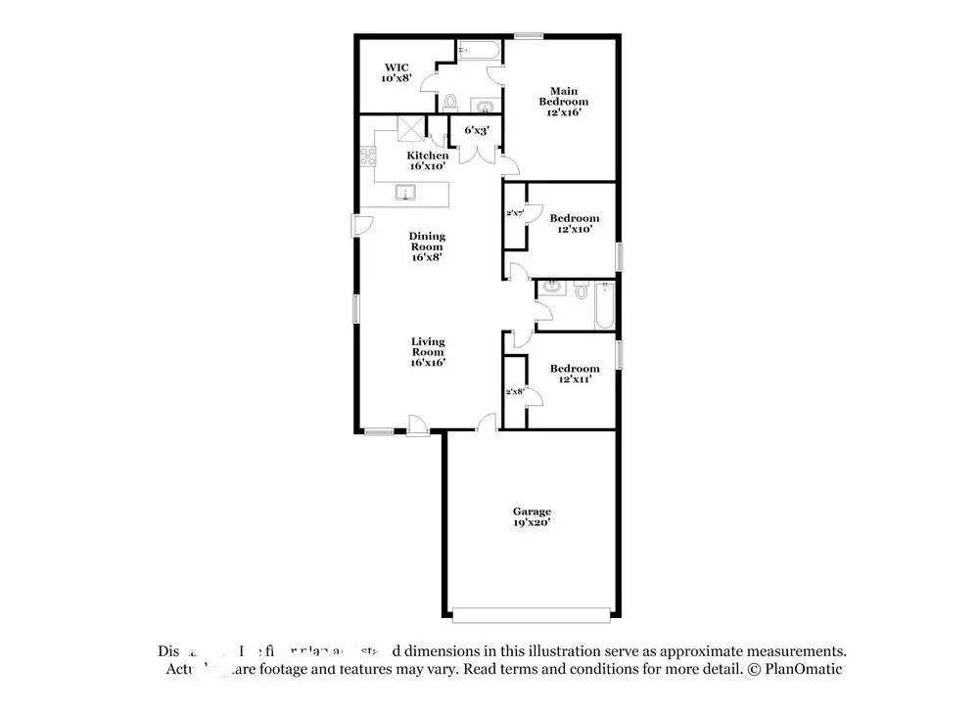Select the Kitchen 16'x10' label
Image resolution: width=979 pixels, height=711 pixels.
tap(428, 160)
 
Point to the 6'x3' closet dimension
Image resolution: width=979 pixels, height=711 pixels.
tap(477, 129)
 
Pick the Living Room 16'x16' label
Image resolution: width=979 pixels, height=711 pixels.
tap(428, 352)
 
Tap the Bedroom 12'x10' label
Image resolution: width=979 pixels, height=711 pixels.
tap(574, 223)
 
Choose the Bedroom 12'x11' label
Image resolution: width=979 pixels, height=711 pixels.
tap(574, 374)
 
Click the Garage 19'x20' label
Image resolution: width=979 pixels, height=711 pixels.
tap(532, 516)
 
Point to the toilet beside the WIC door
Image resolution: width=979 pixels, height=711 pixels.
tap(450, 102)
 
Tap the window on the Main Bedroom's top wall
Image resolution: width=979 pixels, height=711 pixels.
tap(529, 37)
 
